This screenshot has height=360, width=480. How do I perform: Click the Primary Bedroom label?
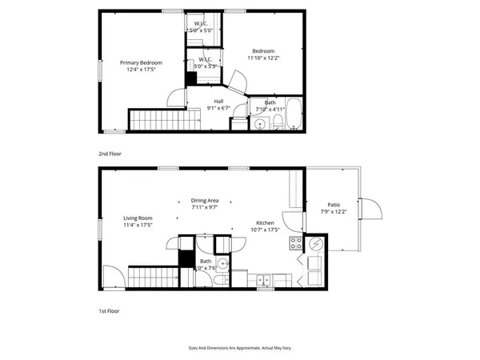(141, 62)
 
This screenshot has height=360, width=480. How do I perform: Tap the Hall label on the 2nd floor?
(218, 101)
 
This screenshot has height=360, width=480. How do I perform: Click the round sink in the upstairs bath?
(260, 124)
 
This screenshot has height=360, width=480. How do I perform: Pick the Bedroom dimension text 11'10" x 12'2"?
(262, 58)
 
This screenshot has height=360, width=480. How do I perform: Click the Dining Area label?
(205, 200)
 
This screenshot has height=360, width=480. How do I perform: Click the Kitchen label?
(266, 222)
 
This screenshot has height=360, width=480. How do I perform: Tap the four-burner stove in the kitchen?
(295, 244)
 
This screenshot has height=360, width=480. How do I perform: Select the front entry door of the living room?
(112, 278)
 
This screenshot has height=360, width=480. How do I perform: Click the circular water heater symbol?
(314, 244)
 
